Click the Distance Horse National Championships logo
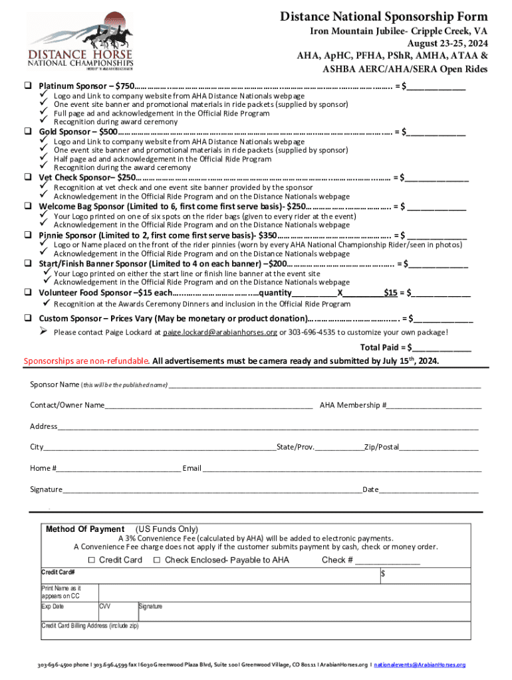(x=80, y=40)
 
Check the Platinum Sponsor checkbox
(x=29, y=86)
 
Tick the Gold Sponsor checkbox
(x=29, y=131)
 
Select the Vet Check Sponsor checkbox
(x=29, y=177)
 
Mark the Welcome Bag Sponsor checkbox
(x=29, y=206)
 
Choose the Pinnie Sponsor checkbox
(x=29, y=235)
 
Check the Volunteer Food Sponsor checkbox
(x=29, y=293)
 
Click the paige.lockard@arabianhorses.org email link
(x=220, y=332)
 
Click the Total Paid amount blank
(x=442, y=347)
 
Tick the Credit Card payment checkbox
(x=92, y=560)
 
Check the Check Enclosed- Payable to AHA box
(x=157, y=560)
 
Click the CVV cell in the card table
(x=117, y=611)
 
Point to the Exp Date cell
(x=68, y=611)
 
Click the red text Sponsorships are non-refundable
(x=86, y=361)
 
